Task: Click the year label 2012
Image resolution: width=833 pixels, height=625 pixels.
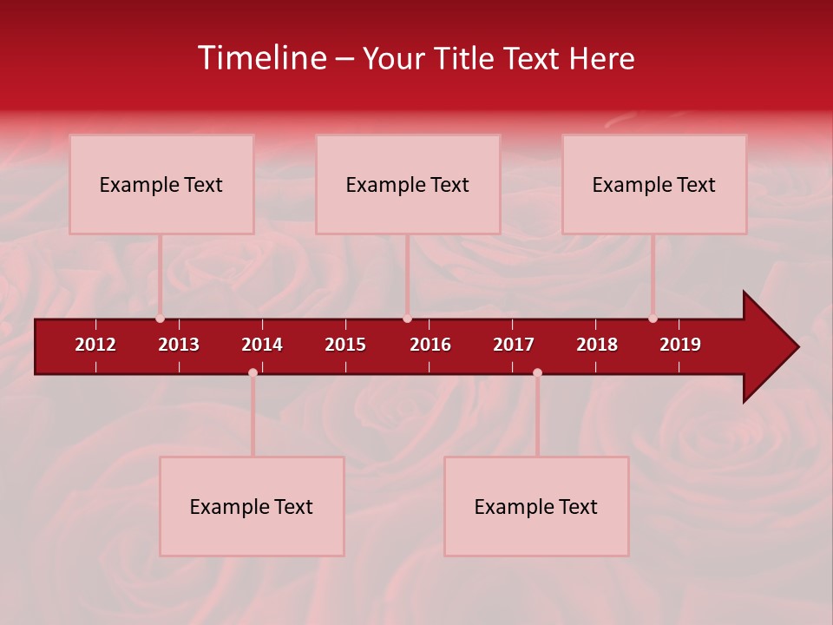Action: point(95,345)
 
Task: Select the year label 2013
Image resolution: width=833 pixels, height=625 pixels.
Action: point(179,345)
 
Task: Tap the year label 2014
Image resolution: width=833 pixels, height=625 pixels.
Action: point(262,345)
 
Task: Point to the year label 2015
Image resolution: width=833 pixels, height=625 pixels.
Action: point(345,345)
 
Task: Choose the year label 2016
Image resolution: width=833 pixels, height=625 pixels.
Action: point(430,345)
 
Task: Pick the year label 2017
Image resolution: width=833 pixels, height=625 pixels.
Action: point(514,345)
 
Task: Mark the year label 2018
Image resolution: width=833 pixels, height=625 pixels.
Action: point(597,345)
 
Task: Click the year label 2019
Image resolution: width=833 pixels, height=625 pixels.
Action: point(680,345)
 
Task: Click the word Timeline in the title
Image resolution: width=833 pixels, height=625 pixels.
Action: point(261,58)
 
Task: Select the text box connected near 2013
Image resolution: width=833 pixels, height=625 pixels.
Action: point(161,184)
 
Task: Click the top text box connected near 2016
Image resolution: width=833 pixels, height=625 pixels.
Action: point(408,184)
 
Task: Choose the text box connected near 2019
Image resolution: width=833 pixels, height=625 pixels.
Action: point(654,184)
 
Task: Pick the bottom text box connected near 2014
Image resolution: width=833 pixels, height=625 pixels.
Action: point(252,506)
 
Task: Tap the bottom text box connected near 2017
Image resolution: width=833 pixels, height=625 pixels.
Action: point(536,506)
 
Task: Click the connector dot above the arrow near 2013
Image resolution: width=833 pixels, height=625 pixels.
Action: point(160,319)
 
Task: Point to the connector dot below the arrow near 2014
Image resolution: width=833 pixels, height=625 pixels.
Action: point(253,372)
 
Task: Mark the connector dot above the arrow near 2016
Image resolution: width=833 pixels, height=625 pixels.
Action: point(407,319)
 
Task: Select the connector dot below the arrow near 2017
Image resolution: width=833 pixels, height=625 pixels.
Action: point(537,372)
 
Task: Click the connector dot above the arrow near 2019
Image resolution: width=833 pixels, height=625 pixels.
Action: point(653,319)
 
